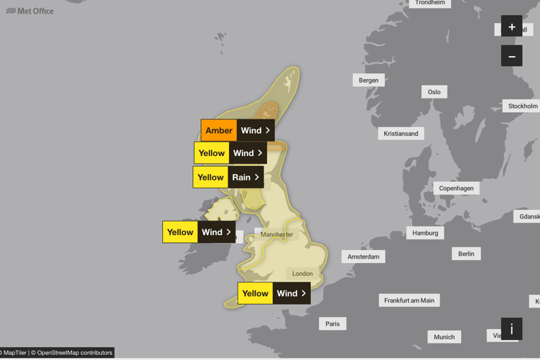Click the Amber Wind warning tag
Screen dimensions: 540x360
click(x=238, y=131)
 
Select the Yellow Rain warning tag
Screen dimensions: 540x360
click(x=228, y=177)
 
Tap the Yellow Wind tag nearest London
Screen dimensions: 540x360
click(x=274, y=293)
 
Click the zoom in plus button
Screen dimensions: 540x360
click(x=511, y=27)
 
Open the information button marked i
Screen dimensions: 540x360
click(x=511, y=329)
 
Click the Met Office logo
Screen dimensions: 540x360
click(x=29, y=11)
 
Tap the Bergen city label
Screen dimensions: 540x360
click(x=368, y=80)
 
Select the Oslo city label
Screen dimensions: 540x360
click(x=434, y=92)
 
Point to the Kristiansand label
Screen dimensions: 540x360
click(x=401, y=134)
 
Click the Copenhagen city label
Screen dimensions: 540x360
click(x=456, y=188)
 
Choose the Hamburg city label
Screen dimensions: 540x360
click(x=425, y=233)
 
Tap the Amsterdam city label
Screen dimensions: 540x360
click(x=363, y=257)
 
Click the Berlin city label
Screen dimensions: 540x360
click(x=466, y=254)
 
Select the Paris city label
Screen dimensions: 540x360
click(x=332, y=324)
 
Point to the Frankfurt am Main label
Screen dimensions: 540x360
click(x=409, y=300)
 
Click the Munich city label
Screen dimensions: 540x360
click(x=444, y=336)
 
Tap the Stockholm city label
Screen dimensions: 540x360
click(x=522, y=106)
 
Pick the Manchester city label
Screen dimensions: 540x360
click(x=277, y=234)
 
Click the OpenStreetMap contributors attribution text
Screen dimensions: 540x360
click(x=75, y=353)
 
